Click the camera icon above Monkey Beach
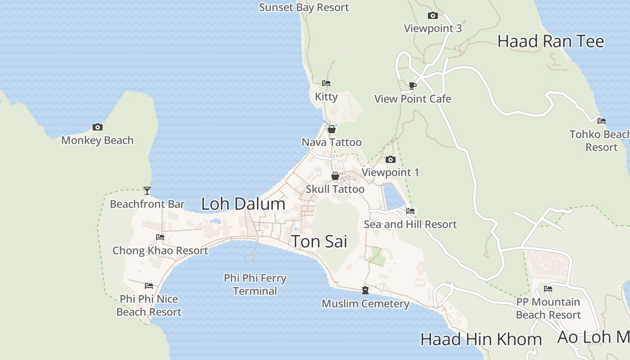click(97, 127)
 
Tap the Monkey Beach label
click(97, 140)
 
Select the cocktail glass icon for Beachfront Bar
click(147, 191)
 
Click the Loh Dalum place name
click(243, 204)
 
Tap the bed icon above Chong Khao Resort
click(160, 237)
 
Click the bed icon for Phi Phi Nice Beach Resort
click(149, 286)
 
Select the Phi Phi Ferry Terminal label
click(255, 285)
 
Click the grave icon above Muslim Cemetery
click(365, 291)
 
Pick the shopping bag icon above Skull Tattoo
click(335, 176)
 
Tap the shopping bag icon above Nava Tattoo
click(332, 130)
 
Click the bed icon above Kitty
click(326, 83)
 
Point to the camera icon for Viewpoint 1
click(391, 159)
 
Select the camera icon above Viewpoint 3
click(432, 16)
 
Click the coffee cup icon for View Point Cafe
click(413, 85)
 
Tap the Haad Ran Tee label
click(550, 41)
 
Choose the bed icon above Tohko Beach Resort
click(602, 121)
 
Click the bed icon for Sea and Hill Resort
click(410, 211)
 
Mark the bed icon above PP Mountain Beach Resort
click(548, 289)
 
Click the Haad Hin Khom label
click(481, 339)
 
